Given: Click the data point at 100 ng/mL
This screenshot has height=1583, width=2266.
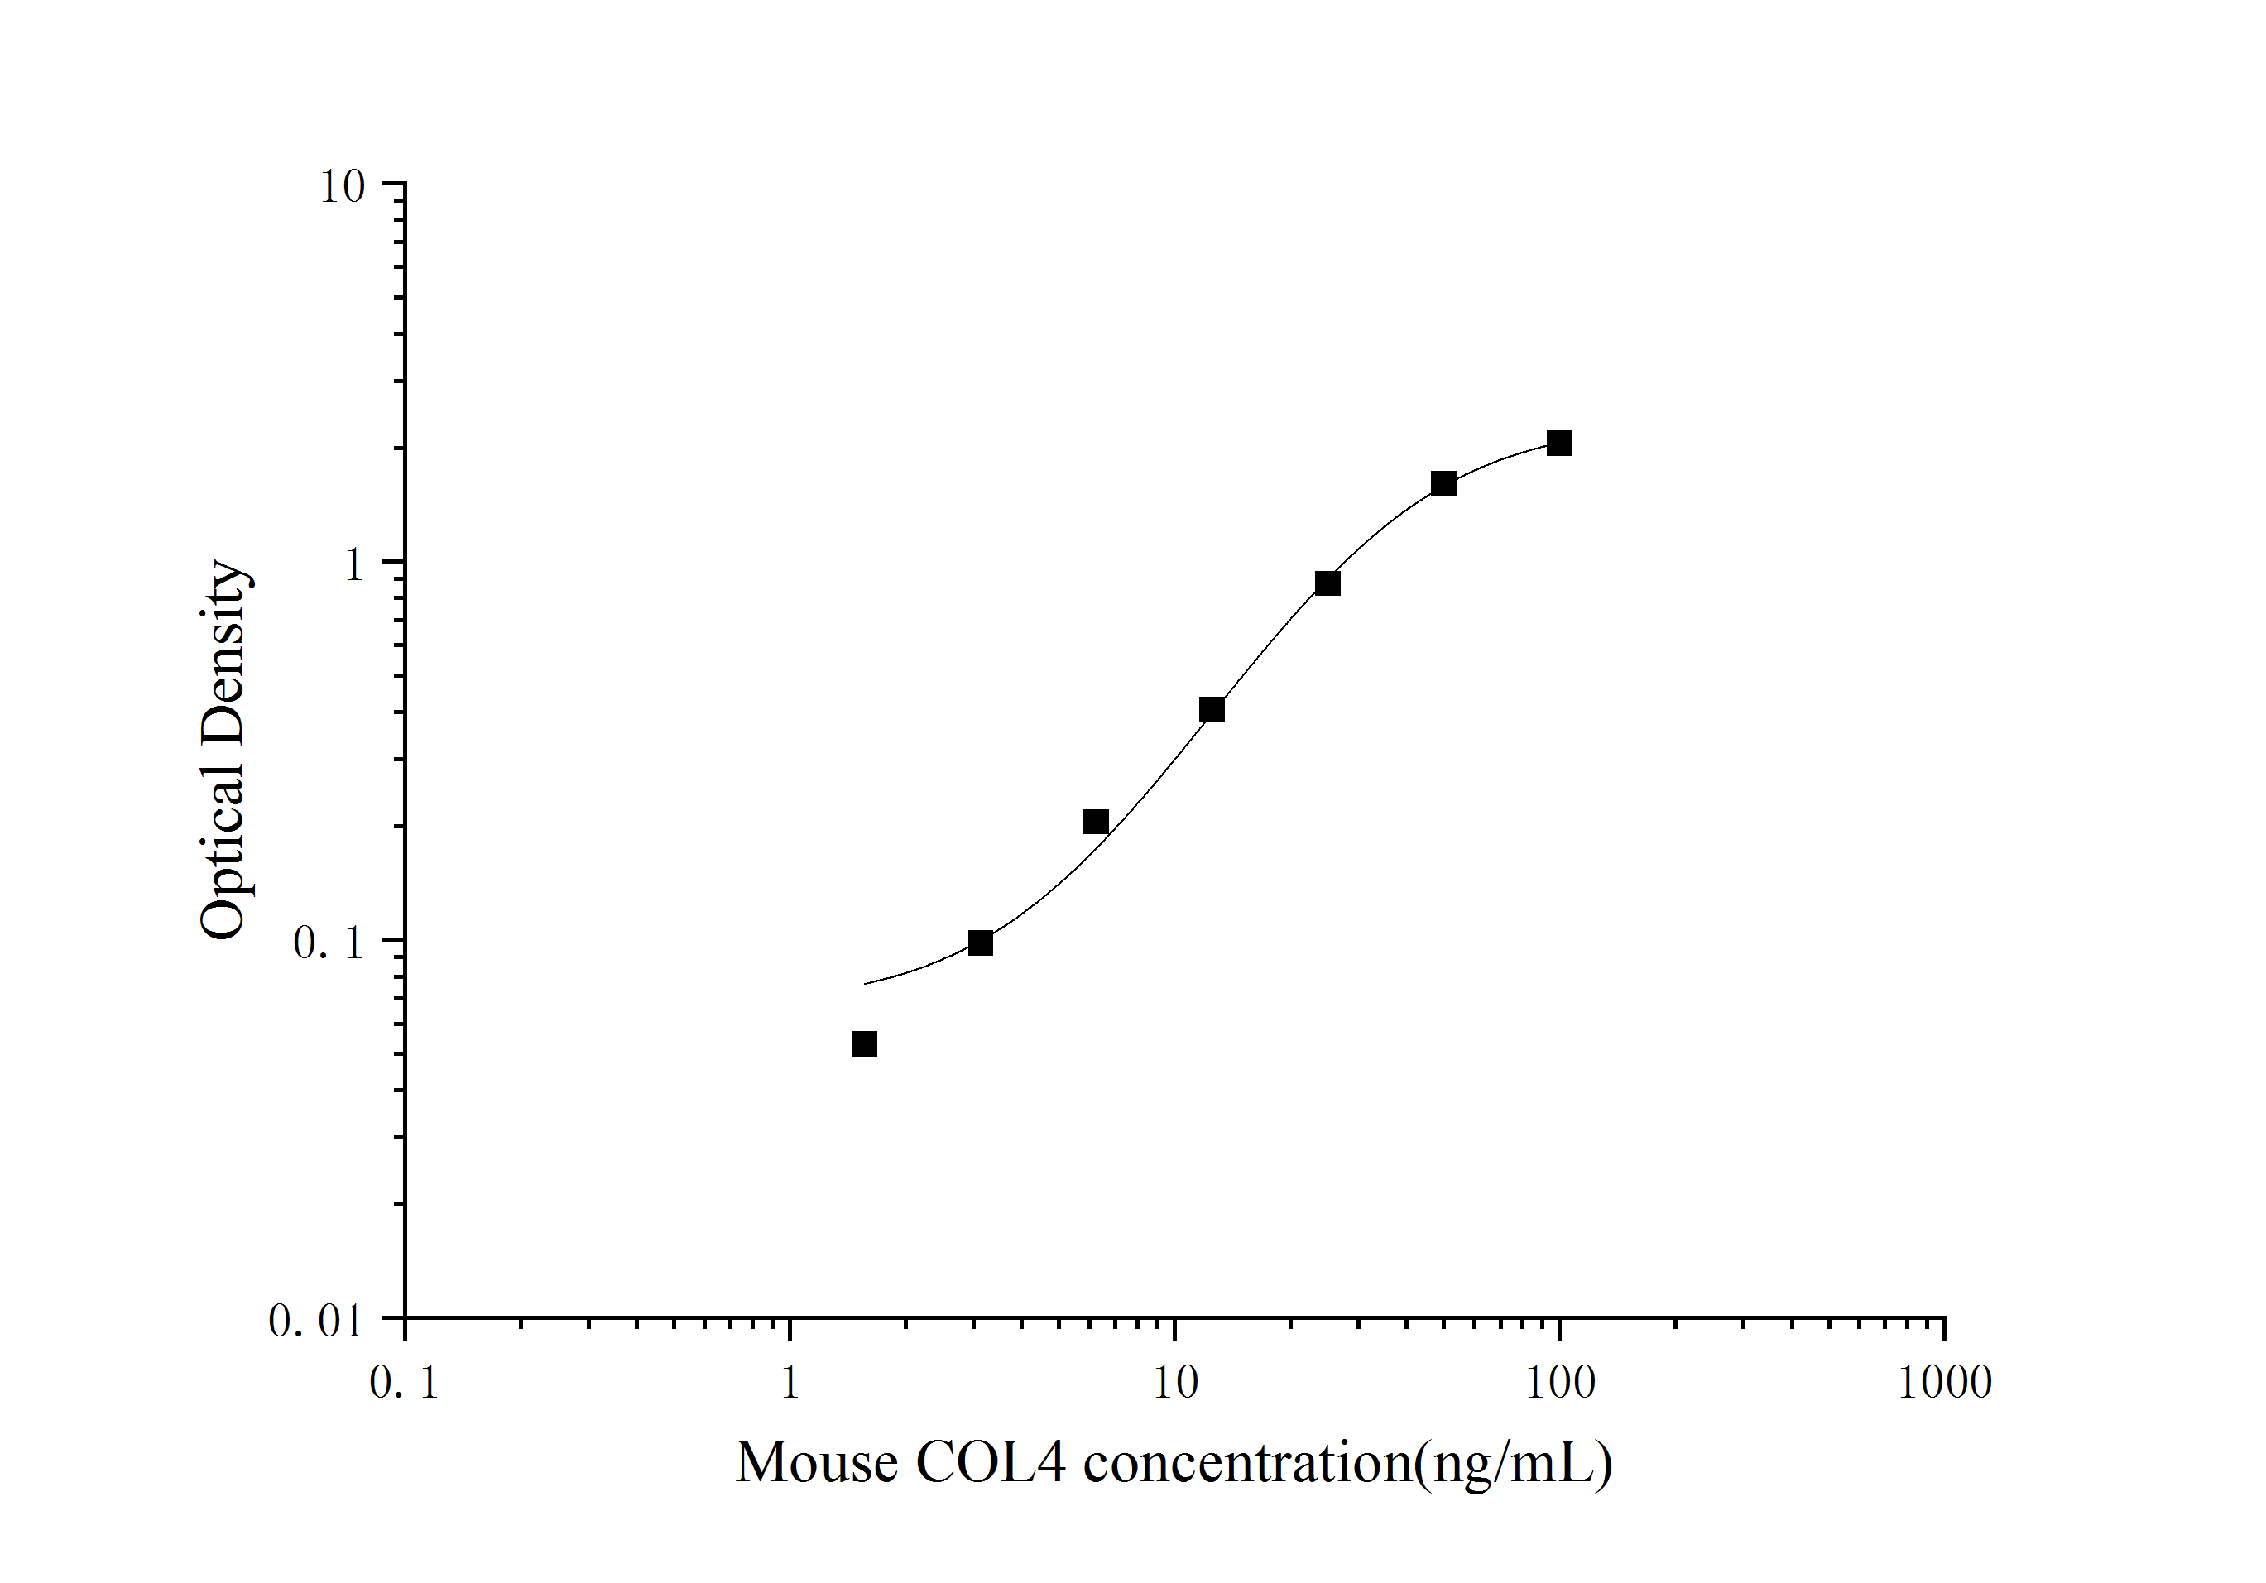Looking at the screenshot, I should click(1559, 443).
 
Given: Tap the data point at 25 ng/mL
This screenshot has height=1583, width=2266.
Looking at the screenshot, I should click(1327, 583).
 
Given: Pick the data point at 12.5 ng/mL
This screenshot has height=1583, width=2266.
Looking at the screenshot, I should click(1212, 710).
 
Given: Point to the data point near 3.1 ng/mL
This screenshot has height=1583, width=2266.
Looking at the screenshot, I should click(980, 943).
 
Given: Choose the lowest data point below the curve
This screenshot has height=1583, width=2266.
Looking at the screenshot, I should click(863, 1044).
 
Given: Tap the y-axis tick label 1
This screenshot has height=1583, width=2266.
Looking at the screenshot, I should click(353, 565).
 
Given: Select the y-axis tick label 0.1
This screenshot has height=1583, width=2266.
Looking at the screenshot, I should click(329, 943).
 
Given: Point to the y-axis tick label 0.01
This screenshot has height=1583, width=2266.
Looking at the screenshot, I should click(316, 1322).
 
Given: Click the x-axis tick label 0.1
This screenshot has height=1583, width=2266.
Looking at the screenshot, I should click(404, 1383).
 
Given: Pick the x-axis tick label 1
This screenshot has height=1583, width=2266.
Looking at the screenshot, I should click(790, 1383).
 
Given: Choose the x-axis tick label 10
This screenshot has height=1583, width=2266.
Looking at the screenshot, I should click(1174, 1383).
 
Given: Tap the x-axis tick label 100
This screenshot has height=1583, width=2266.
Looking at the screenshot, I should click(1560, 1383).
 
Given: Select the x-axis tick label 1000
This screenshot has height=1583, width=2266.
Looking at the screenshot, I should click(1945, 1383).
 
